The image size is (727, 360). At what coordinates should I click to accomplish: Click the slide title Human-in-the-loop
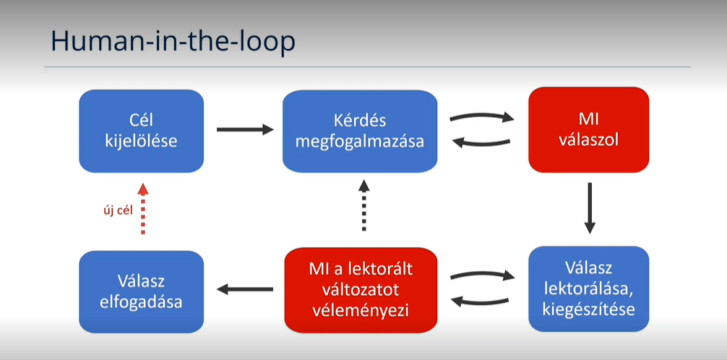(x=173, y=42)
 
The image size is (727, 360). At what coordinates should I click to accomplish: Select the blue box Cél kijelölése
(x=142, y=132)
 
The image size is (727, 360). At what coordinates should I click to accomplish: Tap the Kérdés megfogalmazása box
(x=360, y=132)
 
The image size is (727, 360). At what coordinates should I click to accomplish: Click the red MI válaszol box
(x=588, y=130)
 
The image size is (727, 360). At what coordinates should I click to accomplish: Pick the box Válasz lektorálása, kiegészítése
(x=589, y=289)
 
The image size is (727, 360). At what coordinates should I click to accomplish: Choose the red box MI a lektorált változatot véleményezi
(x=361, y=290)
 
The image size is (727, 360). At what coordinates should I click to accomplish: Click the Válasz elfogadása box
(x=142, y=292)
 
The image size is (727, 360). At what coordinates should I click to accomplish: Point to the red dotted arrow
(x=143, y=208)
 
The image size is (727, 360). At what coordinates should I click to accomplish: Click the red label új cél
(x=118, y=210)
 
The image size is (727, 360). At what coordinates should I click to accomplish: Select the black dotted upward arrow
(x=364, y=205)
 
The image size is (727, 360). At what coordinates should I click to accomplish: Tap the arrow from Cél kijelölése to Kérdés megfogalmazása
(x=245, y=129)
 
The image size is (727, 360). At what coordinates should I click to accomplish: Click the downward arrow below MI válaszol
(x=589, y=208)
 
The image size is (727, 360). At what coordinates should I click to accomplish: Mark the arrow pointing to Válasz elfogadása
(x=245, y=289)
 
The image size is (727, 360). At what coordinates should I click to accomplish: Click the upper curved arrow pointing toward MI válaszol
(x=482, y=115)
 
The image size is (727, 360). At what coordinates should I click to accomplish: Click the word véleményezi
(x=361, y=311)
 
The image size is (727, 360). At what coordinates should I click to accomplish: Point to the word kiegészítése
(x=589, y=309)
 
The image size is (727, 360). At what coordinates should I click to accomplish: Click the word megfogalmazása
(x=360, y=141)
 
